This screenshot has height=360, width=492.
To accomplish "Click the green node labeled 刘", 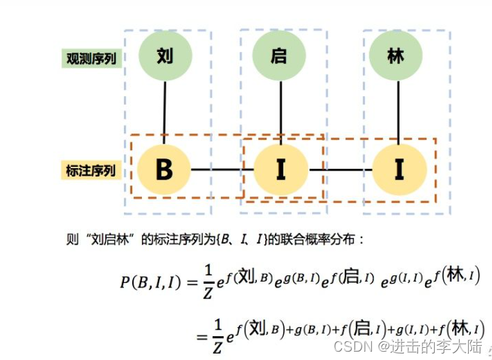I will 165,56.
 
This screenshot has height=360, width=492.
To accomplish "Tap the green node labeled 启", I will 279,56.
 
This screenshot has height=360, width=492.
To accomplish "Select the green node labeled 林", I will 396,56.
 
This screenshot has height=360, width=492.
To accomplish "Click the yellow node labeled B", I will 164,169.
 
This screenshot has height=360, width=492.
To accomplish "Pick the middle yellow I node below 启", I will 281,169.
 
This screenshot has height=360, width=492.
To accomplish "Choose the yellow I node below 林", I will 399,169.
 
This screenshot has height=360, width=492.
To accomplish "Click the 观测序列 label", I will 91,58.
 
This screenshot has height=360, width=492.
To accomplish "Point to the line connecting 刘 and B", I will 165,112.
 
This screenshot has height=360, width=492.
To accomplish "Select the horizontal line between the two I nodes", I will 340,170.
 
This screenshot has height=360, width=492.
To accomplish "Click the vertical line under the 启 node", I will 281,112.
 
